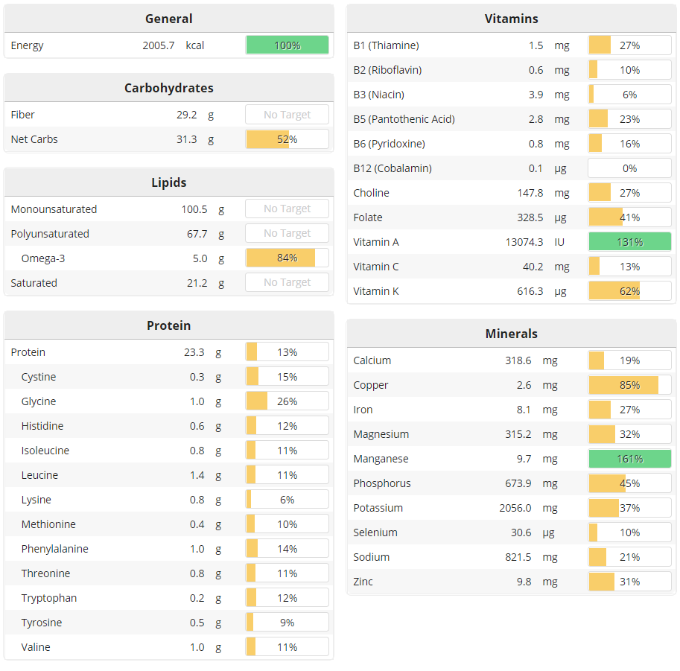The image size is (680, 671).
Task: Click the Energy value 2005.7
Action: coord(158,45)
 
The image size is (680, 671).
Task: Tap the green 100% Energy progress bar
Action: coord(287,45)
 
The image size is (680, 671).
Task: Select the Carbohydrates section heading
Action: coord(169,88)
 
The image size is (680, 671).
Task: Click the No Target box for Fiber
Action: coord(287,115)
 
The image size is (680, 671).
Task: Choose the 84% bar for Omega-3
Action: coord(287,258)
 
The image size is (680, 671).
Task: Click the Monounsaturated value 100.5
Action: coord(194,209)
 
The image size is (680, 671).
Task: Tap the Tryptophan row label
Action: coord(49,598)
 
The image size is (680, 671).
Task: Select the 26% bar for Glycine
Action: coord(287,401)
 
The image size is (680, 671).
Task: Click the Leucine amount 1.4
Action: coord(197,475)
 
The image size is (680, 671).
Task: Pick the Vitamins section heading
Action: coord(511,19)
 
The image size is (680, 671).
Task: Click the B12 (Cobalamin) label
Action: coord(393,168)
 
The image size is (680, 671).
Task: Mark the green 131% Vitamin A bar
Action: coord(629,242)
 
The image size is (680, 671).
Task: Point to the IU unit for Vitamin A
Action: coord(559,242)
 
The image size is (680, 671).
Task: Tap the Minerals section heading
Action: coord(511,334)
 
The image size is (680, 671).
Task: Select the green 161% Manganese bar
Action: coord(629,459)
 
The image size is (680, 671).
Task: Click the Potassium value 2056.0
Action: coord(515,508)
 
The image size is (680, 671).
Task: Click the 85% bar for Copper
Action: coord(629,385)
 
